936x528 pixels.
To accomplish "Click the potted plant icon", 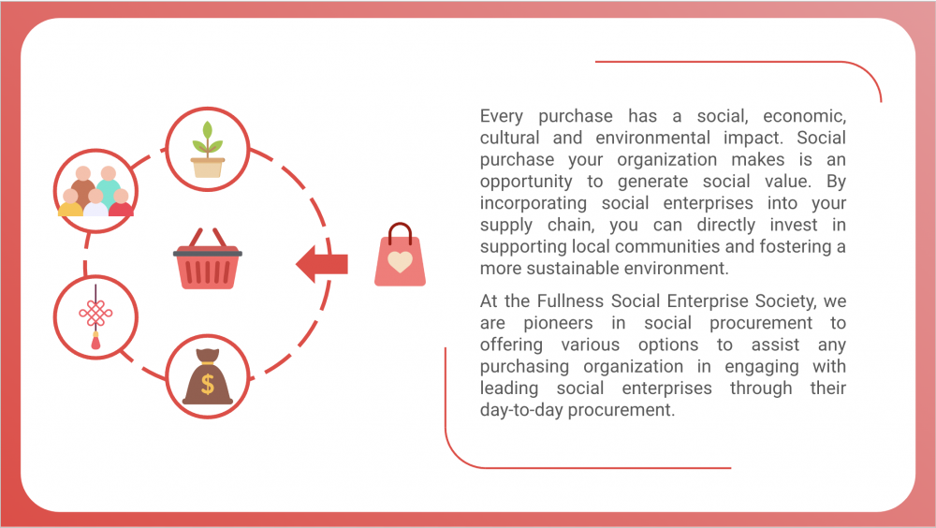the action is click(207, 150).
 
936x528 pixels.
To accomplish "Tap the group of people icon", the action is click(95, 191).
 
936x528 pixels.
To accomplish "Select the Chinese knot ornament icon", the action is click(95, 316).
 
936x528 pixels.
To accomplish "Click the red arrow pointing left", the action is click(322, 263).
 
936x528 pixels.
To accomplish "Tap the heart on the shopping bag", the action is click(400, 261).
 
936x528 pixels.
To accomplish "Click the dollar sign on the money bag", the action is click(208, 384).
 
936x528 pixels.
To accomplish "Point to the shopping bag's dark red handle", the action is click(400, 233).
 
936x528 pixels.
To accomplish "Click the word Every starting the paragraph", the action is click(502, 116).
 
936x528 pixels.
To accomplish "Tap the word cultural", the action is click(510, 138).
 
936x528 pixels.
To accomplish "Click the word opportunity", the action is click(526, 182).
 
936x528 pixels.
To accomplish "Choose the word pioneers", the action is click(558, 323).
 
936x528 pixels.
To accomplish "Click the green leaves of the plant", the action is click(207, 138).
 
